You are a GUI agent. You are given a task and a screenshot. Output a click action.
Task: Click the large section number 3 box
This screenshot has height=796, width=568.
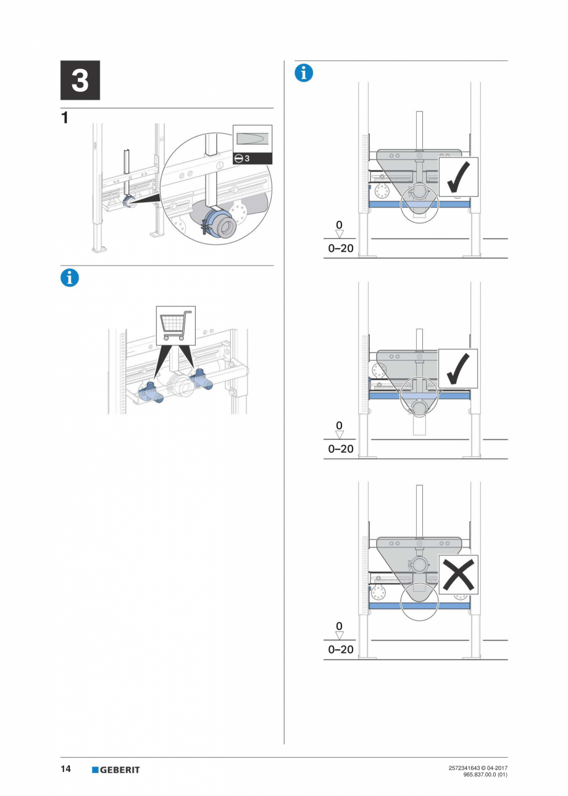click(x=80, y=80)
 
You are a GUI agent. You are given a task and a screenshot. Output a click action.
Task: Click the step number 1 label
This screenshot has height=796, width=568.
click(x=65, y=118)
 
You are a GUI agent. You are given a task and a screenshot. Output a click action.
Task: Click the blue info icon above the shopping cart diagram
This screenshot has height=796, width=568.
click(x=70, y=278)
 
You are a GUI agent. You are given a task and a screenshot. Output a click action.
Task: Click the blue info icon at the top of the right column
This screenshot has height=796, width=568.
click(x=304, y=72)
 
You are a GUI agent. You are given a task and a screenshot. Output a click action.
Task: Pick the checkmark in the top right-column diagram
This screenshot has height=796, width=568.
click(x=458, y=177)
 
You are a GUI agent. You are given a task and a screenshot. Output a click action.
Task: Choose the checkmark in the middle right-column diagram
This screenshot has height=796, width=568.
click(x=458, y=369)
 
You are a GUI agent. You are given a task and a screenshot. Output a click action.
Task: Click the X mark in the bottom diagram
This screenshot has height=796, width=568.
click(x=458, y=574)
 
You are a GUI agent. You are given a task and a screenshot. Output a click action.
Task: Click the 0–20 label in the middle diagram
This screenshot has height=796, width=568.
click(x=341, y=449)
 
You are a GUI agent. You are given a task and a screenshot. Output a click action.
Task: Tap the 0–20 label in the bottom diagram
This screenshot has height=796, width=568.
click(x=341, y=649)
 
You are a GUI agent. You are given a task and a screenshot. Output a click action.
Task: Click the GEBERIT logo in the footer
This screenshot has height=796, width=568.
click(x=115, y=769)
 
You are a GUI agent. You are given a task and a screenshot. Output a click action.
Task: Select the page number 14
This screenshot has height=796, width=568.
click(x=65, y=769)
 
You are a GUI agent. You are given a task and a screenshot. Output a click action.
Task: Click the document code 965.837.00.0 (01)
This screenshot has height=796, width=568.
click(x=485, y=775)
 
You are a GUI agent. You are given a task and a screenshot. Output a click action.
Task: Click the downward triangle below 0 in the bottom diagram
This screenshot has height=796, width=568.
click(x=339, y=635)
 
